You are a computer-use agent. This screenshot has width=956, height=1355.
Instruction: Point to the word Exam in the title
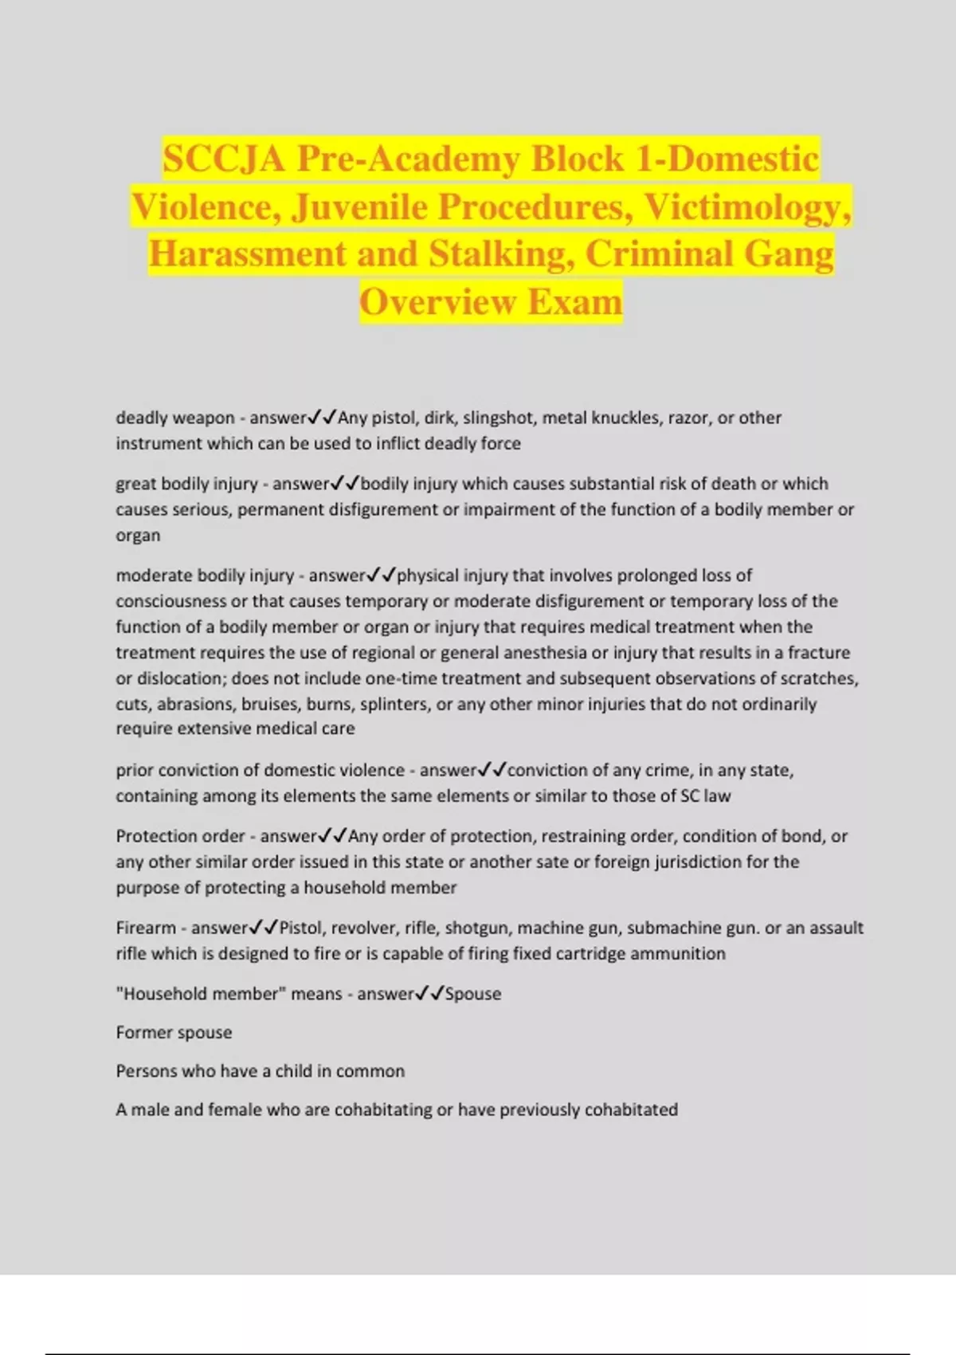pyautogui.click(x=574, y=302)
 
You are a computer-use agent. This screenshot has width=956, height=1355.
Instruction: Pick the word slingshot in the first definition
pyautogui.click(x=500, y=418)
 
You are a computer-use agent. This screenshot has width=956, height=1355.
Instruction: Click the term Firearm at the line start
pyautogui.click(x=146, y=928)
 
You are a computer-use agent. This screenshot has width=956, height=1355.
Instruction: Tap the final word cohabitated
pyautogui.click(x=631, y=1110)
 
